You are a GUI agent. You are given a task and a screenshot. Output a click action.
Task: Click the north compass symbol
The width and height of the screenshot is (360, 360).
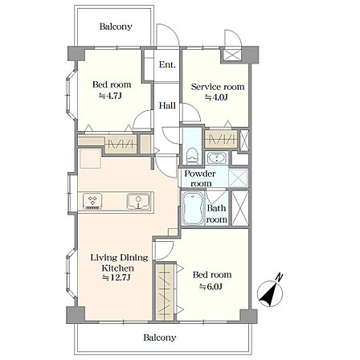(x=270, y=292)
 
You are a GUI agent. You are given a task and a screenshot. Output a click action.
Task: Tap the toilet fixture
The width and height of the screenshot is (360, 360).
(x=192, y=156)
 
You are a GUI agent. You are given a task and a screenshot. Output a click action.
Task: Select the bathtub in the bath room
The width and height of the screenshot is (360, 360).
(x=193, y=208)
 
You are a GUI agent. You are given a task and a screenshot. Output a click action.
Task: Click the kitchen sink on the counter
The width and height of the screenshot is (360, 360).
(x=138, y=201)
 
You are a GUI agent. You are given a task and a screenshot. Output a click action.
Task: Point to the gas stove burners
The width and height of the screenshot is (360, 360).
(x=92, y=201)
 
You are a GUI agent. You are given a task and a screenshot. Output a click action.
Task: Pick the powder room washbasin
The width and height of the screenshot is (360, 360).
(x=217, y=157)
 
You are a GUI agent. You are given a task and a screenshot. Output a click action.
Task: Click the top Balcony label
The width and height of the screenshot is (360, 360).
(x=116, y=27)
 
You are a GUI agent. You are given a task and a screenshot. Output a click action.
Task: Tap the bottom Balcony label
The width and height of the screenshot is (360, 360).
(x=160, y=337)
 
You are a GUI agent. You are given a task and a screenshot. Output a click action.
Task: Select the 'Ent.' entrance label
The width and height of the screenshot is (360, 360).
(x=167, y=64)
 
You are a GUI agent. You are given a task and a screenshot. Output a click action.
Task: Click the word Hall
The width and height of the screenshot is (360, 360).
(x=167, y=105)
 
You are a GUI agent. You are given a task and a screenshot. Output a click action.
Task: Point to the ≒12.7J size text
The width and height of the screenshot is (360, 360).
(x=117, y=278)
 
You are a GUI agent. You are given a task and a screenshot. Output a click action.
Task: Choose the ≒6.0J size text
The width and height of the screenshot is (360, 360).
(x=211, y=287)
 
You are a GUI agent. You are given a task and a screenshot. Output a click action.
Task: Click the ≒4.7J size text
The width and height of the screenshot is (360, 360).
(x=110, y=96)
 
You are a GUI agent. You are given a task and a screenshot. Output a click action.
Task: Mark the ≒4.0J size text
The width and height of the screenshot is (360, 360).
(x=216, y=97)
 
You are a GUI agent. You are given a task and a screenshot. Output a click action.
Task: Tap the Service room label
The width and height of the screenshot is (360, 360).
(x=218, y=87)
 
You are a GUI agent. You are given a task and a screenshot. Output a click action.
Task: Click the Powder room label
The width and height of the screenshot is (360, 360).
(x=200, y=178)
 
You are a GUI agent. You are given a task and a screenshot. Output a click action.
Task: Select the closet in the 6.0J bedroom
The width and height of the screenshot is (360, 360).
(x=165, y=292)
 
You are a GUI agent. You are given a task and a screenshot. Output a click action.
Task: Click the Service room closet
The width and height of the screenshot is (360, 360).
(x=221, y=139)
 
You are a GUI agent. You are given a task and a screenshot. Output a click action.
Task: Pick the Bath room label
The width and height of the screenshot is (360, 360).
(x=217, y=214)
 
